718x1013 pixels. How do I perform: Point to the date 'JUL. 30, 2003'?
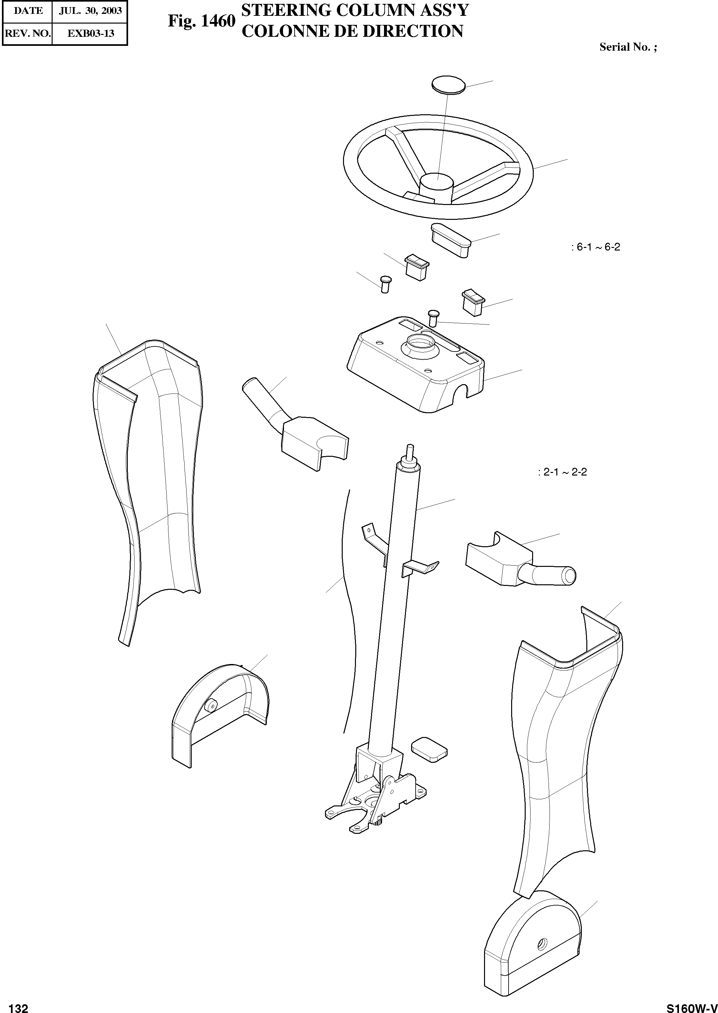90,11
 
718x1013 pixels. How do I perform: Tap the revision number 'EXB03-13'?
90,33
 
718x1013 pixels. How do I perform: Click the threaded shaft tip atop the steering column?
410,451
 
